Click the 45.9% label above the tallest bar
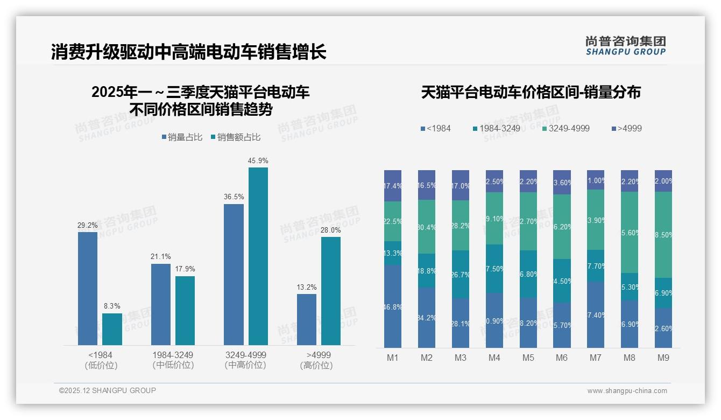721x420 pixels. [258, 160]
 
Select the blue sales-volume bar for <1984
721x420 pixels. [88, 288]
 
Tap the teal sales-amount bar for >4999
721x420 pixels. [331, 291]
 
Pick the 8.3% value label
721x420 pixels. [112, 306]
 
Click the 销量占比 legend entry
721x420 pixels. [182, 137]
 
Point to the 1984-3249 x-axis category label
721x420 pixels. [172, 355]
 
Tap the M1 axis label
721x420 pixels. [393, 358]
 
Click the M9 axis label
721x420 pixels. [663, 358]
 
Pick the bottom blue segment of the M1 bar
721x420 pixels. [393, 306]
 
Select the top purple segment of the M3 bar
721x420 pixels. [460, 185]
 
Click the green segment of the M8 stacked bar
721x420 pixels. [630, 233]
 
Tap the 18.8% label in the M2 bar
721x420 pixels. [427, 271]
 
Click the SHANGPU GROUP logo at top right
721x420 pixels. [625, 46]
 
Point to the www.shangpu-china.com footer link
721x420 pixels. [627, 391]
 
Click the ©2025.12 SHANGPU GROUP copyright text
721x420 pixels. [108, 390]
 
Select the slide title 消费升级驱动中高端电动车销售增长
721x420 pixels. [188, 52]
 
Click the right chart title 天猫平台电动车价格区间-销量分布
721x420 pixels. [531, 92]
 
